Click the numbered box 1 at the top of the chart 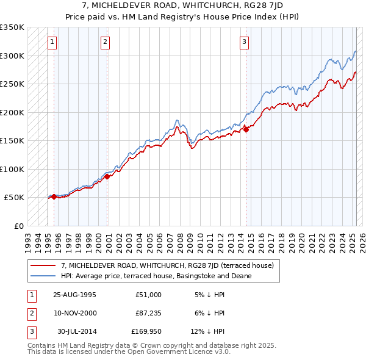coord(52,42)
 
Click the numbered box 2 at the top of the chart coord(106,42)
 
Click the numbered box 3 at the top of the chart coord(244,42)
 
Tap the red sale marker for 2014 coord(246,129)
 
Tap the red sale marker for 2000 coord(107,176)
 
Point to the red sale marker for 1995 coord(54,196)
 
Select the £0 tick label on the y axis coord(18,226)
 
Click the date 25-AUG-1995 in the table coord(74,295)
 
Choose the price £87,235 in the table coord(149,313)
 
